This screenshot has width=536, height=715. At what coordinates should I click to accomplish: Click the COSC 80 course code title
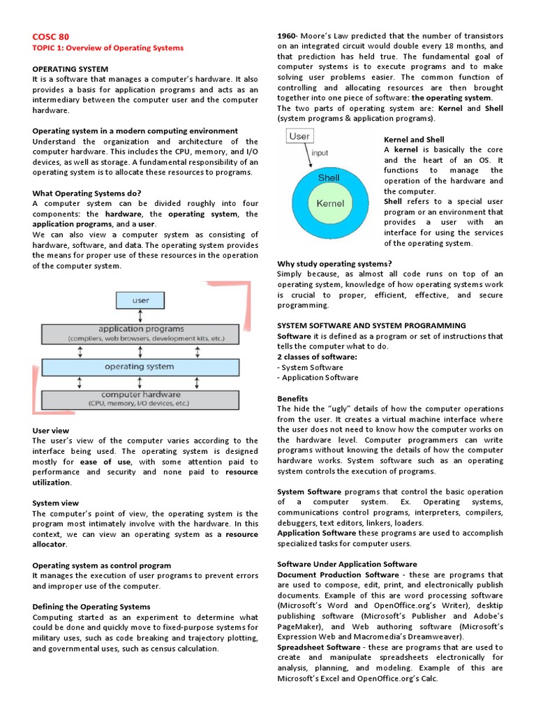51,36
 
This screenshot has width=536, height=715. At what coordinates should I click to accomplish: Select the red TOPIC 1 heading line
108,48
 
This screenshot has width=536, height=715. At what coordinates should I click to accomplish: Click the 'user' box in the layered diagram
140,300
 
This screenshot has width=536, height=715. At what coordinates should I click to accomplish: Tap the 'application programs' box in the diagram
140,333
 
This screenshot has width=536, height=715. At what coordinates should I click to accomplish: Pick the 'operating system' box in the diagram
140,366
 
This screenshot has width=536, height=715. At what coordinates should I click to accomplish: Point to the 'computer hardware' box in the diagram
140,399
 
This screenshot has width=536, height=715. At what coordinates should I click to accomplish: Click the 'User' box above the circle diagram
300,136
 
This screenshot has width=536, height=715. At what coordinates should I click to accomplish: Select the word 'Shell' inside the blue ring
329,177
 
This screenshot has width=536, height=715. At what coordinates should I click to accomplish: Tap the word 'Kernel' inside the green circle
330,204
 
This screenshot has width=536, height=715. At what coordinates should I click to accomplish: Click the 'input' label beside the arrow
319,153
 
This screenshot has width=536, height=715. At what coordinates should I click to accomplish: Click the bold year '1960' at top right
287,36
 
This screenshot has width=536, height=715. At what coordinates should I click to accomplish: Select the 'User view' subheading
51,431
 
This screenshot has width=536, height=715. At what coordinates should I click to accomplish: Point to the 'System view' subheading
56,503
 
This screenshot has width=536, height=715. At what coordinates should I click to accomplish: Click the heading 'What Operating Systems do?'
87,193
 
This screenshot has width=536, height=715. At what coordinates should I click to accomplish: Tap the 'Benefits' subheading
292,399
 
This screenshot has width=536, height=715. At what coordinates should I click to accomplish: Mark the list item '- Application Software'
318,378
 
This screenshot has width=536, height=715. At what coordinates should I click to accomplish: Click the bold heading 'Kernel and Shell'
414,140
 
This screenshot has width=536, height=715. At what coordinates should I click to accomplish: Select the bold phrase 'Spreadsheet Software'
319,647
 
